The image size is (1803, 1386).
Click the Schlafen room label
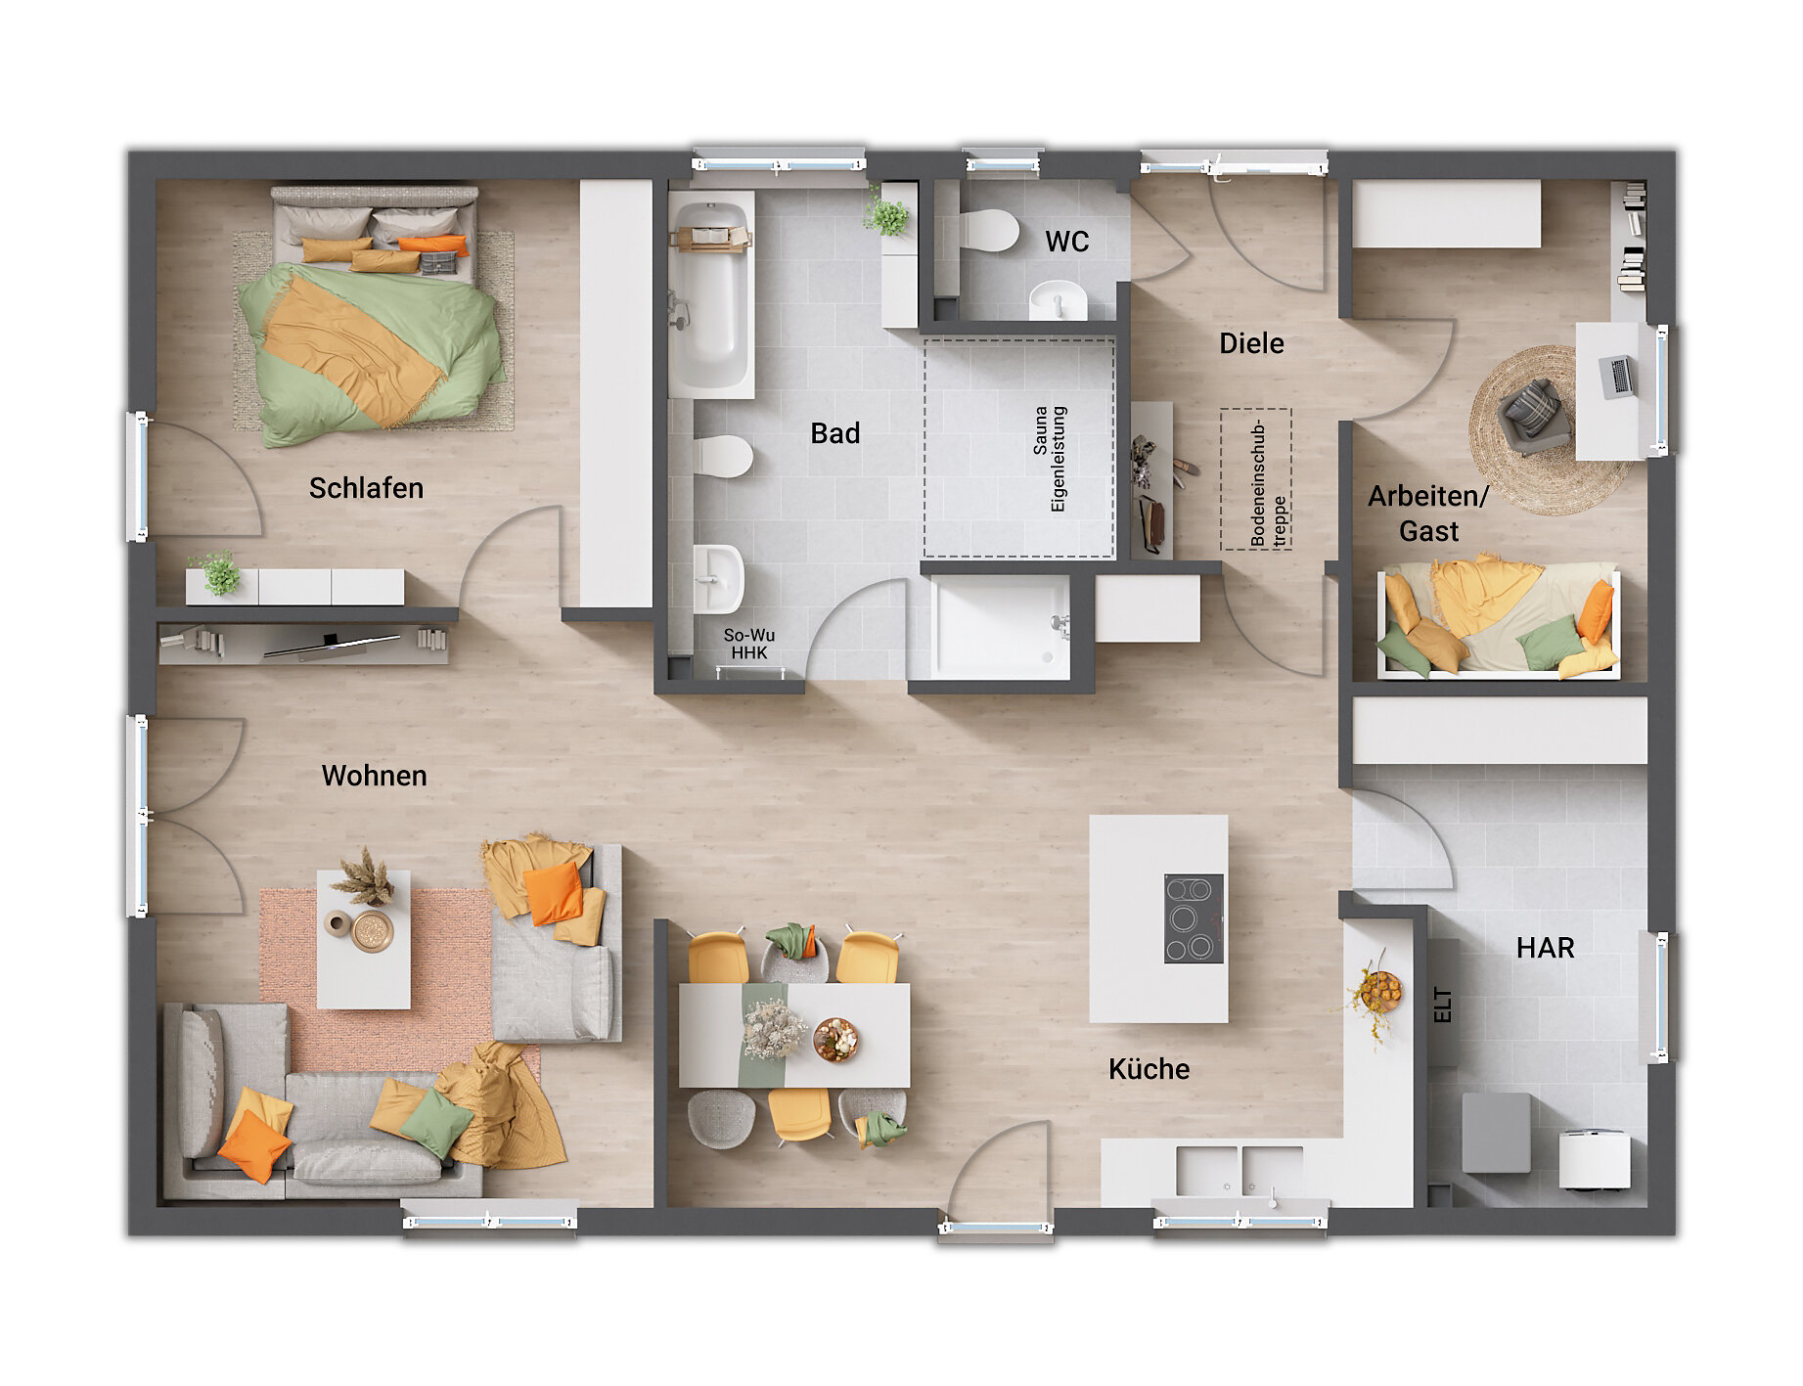[x=366, y=488]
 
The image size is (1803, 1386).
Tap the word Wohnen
[x=375, y=776]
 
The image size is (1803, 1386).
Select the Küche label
[x=1149, y=1069]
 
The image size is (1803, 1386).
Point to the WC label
[x=1067, y=242]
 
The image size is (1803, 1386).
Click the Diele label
[x=1251, y=343]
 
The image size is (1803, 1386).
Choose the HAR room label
[x=1546, y=948]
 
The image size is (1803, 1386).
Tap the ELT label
[x=1442, y=1006]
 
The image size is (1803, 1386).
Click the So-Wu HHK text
[x=749, y=644]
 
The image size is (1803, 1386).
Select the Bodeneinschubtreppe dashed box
[x=1256, y=479]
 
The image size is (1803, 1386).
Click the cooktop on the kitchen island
[x=1194, y=918]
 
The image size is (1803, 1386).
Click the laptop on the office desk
[x=1616, y=377]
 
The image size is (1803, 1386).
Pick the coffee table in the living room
[x=363, y=940]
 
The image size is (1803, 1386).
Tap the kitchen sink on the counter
[x=1240, y=1171]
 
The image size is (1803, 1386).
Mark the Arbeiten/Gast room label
[x=1428, y=514]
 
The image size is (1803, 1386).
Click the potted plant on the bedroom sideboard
[x=218, y=573]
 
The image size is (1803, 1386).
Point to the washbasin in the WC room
[x=1059, y=299]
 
